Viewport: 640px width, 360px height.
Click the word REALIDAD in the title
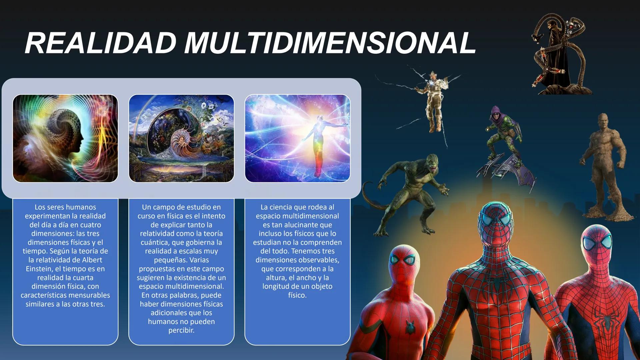(100, 43)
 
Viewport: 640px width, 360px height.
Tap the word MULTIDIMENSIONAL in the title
(330, 43)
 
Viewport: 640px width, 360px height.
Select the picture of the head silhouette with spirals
(65, 138)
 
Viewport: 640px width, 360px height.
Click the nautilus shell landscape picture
(181, 138)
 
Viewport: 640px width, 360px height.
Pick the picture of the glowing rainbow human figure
(297, 138)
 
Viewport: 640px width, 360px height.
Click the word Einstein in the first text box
(39, 269)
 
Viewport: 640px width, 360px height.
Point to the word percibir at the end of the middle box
(181, 330)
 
